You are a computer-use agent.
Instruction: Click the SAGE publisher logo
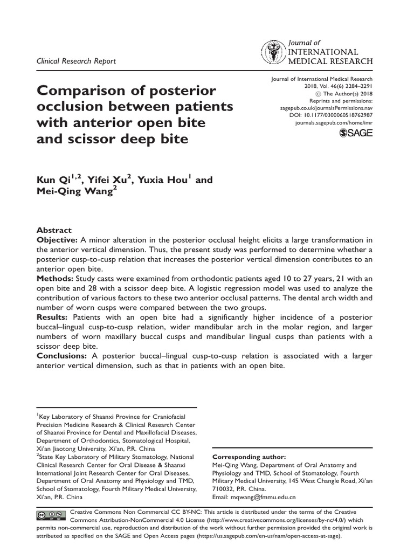(x=355, y=133)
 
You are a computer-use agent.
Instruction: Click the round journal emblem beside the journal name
(x=274, y=53)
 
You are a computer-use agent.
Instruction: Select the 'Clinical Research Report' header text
(x=76, y=61)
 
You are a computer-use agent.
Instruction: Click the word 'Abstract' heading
(x=53, y=230)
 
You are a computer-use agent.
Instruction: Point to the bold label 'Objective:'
(x=57, y=239)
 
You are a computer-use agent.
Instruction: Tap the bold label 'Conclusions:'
(x=61, y=356)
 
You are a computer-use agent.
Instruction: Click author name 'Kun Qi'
(x=53, y=180)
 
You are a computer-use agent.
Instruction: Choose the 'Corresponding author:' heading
(x=249, y=457)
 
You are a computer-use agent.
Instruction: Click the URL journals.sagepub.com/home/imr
(x=334, y=123)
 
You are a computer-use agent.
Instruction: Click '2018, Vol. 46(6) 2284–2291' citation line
(x=336, y=86)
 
